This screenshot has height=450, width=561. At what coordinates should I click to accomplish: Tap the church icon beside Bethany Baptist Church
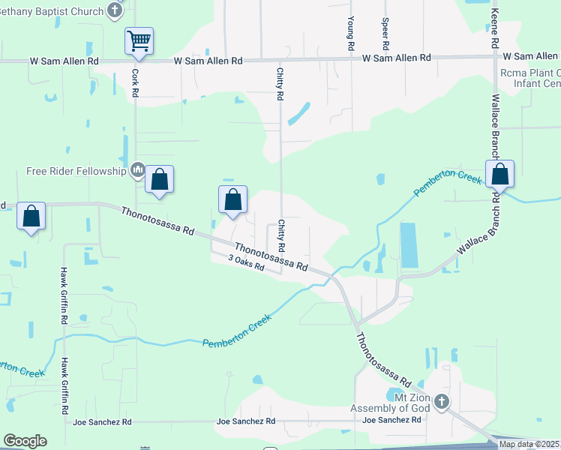point(114,10)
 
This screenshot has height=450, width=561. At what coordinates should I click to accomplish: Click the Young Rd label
point(350,34)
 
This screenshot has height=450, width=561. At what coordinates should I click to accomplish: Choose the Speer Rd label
point(385,34)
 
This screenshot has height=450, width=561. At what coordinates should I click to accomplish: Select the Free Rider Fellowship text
point(76,171)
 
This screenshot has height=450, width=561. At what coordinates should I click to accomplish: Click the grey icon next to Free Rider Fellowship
point(137,171)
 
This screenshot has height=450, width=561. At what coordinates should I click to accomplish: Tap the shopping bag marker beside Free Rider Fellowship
point(159,180)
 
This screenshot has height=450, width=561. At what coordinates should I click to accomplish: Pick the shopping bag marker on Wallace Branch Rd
point(500,175)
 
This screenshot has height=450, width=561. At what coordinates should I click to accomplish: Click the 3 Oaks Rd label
point(247,262)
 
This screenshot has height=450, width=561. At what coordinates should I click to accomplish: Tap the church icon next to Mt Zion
point(441,402)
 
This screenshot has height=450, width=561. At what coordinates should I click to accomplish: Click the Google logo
point(25,441)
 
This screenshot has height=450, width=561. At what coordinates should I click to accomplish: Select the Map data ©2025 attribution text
point(529,444)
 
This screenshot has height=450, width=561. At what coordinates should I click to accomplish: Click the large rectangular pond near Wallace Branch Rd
point(409,245)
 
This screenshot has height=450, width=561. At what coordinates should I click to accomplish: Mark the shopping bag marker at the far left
point(31,217)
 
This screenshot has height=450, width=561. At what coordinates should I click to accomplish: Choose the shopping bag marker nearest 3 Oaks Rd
point(233,200)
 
